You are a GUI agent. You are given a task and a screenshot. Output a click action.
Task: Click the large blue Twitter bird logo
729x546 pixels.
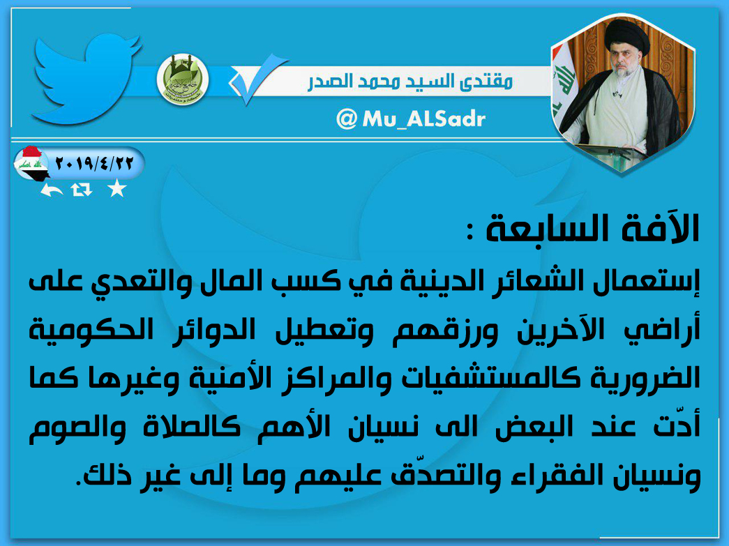(x=86, y=77)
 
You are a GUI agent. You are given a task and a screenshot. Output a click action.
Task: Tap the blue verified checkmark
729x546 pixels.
(x=257, y=79)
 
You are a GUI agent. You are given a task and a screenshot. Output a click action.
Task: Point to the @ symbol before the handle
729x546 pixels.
(x=347, y=119)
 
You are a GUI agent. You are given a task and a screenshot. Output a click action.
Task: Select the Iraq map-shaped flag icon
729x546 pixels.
(x=31, y=162)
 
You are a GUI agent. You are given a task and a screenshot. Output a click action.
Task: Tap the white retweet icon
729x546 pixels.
(x=82, y=189)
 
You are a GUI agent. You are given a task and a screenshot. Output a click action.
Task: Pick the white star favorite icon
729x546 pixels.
(x=117, y=189)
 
